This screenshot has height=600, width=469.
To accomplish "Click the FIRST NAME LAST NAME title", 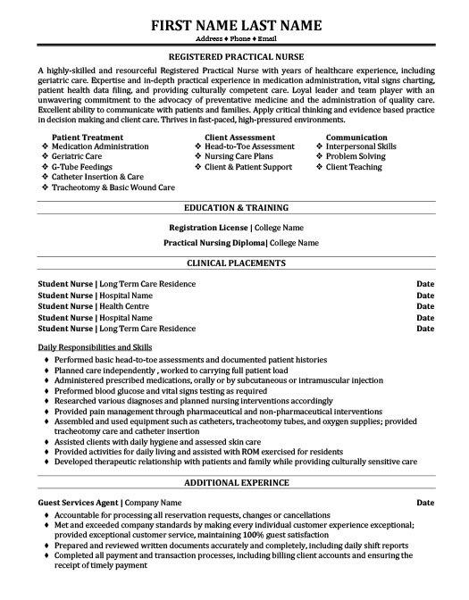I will coord(234,26).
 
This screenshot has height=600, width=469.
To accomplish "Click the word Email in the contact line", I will coord(272,41).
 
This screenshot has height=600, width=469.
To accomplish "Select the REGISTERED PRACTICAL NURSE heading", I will coord(234,55).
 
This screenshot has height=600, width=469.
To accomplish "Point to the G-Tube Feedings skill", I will coord(82,167).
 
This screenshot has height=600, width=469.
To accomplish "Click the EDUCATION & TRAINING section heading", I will coord(235,208).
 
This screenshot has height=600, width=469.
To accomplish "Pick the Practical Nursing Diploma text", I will coord(215,242).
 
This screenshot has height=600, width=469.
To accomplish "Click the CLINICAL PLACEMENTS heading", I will coord(235,264).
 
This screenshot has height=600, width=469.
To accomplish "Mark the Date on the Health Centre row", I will coord(425,305).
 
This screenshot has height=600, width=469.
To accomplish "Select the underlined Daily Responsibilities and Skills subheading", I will coord(96,346).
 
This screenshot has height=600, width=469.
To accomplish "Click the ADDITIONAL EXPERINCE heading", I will coord(235,483).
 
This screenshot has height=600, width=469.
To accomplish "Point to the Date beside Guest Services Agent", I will coord(425,503).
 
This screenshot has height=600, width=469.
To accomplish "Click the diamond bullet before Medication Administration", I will coord(45,146).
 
